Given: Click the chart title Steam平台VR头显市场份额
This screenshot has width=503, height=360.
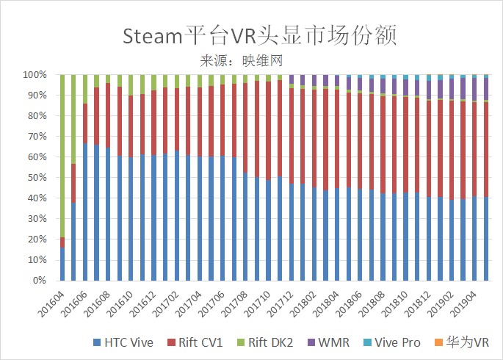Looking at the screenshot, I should pyautogui.click(x=251, y=35).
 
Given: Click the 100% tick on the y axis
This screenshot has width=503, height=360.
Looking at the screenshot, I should pyautogui.click(x=35, y=75).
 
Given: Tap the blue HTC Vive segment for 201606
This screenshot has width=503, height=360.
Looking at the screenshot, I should pyautogui.click(x=85, y=212).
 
